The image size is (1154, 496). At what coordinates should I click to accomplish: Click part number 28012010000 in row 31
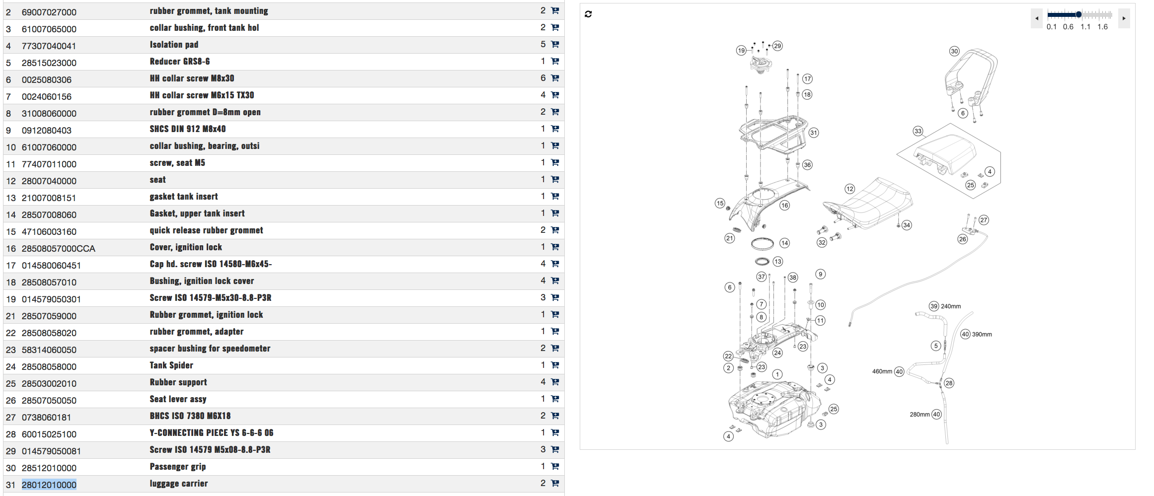(49, 485)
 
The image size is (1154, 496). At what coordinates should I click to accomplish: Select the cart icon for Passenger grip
(555, 467)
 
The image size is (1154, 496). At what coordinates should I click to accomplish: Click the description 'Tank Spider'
(171, 365)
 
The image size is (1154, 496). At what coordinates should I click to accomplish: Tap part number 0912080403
(46, 130)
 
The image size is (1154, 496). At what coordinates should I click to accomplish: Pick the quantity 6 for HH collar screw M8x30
(543, 78)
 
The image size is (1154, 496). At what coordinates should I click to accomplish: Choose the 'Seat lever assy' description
(178, 399)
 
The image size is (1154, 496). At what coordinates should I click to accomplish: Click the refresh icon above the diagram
(588, 14)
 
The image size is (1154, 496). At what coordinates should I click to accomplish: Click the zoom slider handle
(1078, 14)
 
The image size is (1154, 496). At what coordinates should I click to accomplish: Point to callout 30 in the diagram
(954, 51)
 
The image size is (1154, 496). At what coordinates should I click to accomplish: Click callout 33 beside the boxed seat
(918, 131)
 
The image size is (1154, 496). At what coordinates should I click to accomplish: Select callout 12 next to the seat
(849, 189)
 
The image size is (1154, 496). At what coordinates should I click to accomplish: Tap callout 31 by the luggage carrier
(813, 133)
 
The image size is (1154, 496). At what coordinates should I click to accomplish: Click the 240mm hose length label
(950, 306)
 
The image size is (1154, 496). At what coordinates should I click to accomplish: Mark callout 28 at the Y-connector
(949, 383)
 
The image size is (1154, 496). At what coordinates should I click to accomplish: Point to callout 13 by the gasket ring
(777, 261)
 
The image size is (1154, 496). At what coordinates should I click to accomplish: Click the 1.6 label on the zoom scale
(1102, 27)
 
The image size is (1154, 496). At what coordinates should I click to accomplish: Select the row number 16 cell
(11, 248)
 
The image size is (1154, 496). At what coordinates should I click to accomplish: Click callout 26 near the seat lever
(962, 239)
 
